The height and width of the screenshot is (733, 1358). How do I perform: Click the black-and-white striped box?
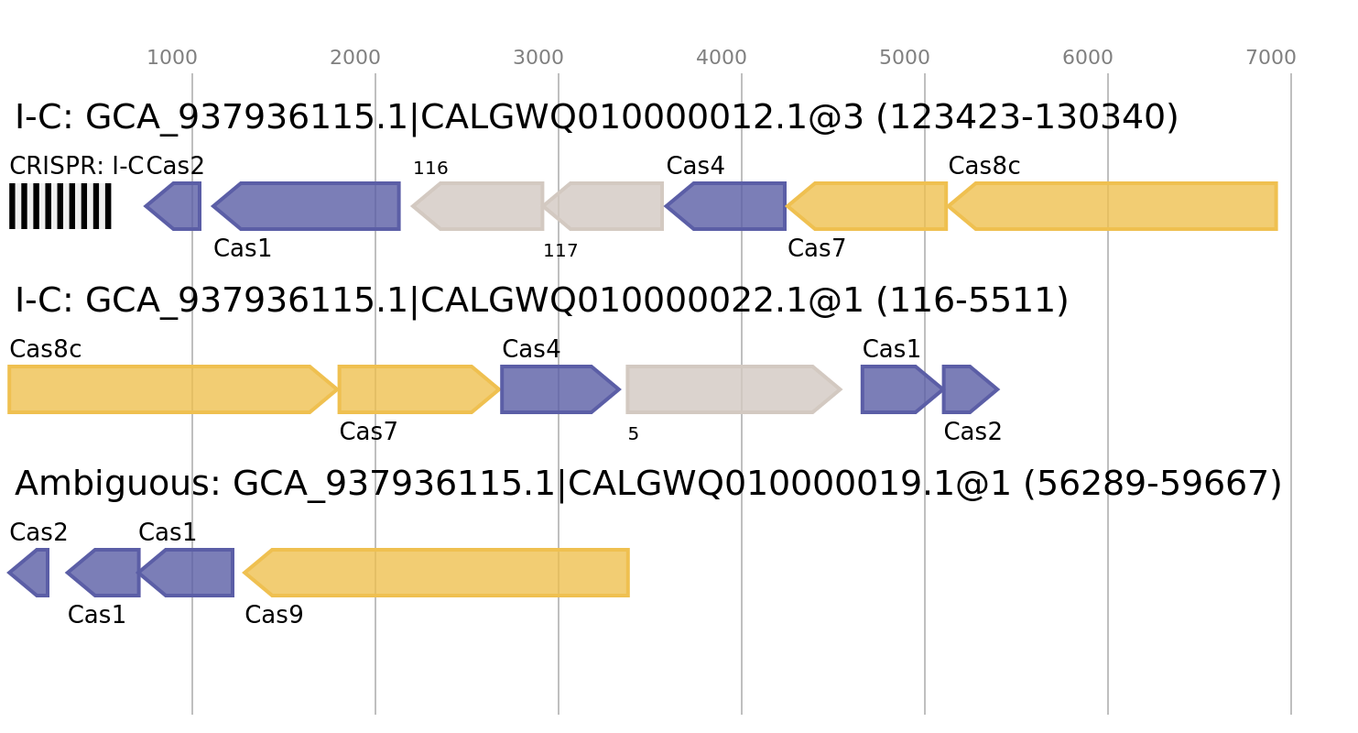click(x=60, y=206)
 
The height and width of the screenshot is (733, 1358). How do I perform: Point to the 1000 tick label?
click(x=172, y=59)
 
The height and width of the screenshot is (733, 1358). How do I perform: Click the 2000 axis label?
click(x=355, y=59)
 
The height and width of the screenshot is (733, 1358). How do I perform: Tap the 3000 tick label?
click(x=538, y=59)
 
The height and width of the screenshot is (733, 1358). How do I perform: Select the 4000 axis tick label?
click(x=722, y=59)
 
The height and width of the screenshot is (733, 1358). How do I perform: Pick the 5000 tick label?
click(x=905, y=59)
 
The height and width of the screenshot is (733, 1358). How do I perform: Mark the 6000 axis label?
click(x=1088, y=59)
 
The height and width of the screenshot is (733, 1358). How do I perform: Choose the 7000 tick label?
click(x=1271, y=59)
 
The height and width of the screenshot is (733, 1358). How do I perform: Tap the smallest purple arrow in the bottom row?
click(x=30, y=573)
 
